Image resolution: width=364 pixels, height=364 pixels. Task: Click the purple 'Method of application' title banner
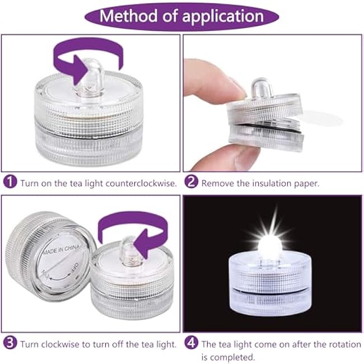(181, 16)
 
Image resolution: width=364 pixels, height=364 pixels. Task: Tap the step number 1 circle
(10, 183)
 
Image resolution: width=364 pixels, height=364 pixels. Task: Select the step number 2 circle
(192, 183)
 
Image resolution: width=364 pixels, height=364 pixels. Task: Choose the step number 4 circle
(192, 343)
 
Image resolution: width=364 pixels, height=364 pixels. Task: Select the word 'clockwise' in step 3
(60, 343)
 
